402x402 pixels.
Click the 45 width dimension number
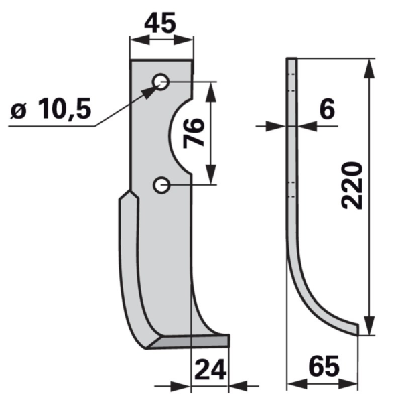coord(160,23)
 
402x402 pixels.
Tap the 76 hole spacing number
coord(194,133)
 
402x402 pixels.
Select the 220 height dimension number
coord(352,186)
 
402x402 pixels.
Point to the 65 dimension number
coord(324,366)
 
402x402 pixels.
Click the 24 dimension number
coord(210,369)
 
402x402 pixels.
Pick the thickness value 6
coord(328,109)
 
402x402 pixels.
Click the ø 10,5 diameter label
coord(51,109)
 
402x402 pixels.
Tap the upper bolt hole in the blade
coord(161,82)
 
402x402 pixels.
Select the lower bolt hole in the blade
coord(161,185)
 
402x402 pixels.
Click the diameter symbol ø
coord(19,112)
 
